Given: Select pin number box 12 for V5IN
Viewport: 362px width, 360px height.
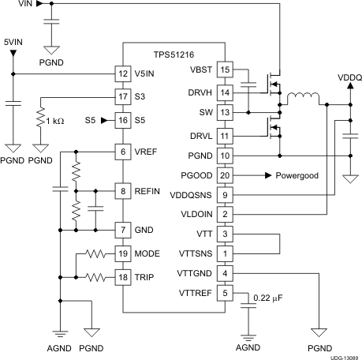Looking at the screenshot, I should pos(122,75).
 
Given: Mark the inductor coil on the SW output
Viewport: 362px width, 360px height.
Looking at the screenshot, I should pos(303,99).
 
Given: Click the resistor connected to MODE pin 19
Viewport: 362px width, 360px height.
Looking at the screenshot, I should pos(95,254).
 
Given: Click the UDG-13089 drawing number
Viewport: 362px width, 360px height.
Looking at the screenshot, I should pos(341,355).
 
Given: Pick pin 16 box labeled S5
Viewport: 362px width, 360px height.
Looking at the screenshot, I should pos(122,120).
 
